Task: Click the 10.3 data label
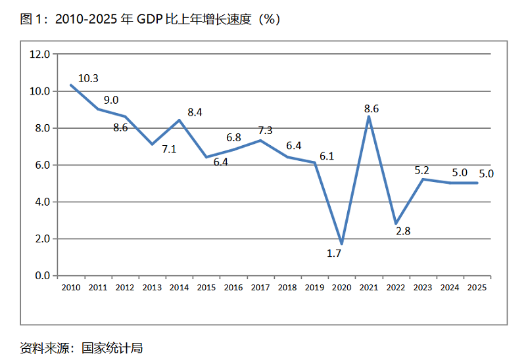click(88, 78)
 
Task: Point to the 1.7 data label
click(334, 253)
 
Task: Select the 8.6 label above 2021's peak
click(371, 109)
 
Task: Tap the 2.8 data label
click(402, 231)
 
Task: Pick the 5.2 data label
click(421, 170)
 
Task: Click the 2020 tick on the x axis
click(341, 287)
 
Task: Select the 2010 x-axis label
click(70, 287)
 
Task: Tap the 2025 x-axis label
click(477, 287)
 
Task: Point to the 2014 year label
click(179, 287)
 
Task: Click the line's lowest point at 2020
click(341, 244)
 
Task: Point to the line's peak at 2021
click(369, 117)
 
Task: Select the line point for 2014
click(179, 120)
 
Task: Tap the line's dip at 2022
click(396, 224)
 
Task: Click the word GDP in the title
click(149, 20)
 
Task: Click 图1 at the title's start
click(30, 20)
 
